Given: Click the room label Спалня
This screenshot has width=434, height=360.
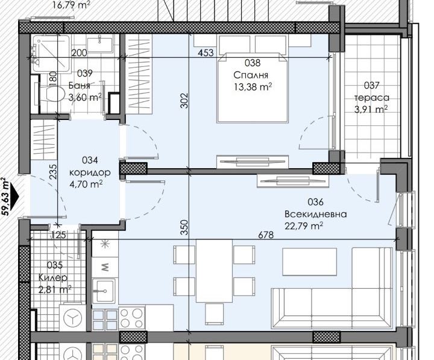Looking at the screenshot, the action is pos(251,75).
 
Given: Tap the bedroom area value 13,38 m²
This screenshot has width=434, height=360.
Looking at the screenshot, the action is pos(253,87).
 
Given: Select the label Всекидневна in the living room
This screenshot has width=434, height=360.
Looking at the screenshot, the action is pos(315,214).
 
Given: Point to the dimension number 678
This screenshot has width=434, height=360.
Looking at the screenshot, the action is pos(266,235).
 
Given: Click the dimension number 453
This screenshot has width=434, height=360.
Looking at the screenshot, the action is pos(206,52).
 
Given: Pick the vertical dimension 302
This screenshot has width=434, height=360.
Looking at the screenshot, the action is pos(184,100).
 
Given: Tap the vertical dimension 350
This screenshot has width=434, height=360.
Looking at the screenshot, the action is pos(184,227).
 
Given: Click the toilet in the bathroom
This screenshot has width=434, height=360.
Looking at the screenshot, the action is pos(51,94).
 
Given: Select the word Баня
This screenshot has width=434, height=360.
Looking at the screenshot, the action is pos(80,85).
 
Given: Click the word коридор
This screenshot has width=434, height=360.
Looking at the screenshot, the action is pos(90,172).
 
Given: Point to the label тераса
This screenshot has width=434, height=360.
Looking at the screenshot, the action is pos(372,98).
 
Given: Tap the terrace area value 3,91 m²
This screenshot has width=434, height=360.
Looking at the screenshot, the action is pos(371,110).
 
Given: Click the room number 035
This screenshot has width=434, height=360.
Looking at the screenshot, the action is pos(55,265).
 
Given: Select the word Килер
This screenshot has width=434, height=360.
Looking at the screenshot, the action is pos(53,277).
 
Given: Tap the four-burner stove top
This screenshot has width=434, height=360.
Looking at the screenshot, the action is pos(132,319).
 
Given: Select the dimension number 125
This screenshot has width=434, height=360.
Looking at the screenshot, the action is pos(58,235).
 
